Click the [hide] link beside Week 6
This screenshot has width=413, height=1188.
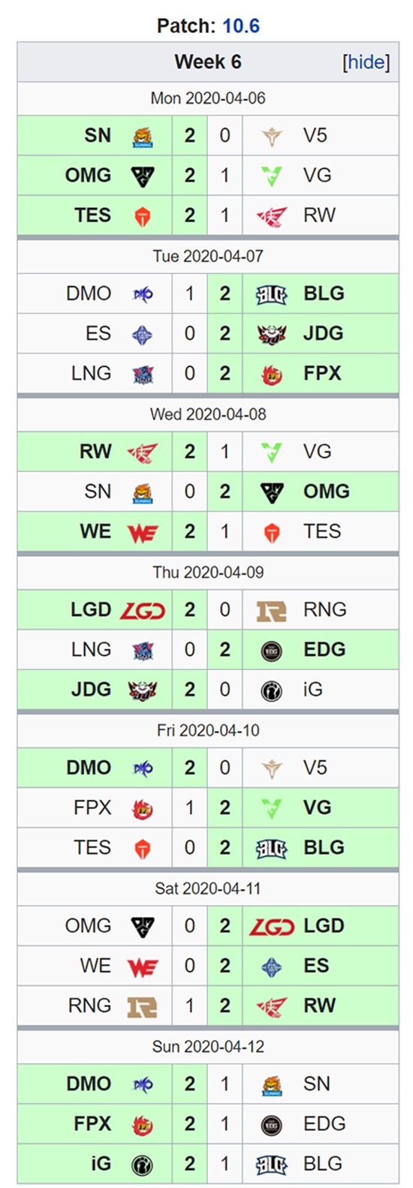[366, 62]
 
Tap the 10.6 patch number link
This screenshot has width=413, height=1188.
[241, 26]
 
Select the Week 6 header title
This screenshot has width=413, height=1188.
[207, 62]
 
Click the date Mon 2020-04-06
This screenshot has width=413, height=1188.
[207, 98]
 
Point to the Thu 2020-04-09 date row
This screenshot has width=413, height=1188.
[207, 573]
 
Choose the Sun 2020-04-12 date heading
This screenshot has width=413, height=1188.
[207, 1046]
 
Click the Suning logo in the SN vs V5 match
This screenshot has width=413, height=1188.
[142, 137]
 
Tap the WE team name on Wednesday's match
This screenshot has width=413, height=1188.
[95, 531]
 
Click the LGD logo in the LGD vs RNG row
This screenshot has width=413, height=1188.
[142, 611]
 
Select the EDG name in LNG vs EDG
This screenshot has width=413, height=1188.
[324, 650]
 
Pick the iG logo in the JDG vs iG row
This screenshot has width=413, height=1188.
[271, 690]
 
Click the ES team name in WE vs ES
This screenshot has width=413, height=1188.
[316, 966]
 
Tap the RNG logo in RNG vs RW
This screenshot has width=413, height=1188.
[142, 1006]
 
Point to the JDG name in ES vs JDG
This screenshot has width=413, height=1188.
[324, 334]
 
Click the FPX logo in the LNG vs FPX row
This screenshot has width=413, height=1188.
[271, 374]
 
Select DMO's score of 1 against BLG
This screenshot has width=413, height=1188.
[189, 294]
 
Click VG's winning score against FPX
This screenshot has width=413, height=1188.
[225, 808]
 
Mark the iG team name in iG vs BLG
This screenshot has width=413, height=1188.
[101, 1164]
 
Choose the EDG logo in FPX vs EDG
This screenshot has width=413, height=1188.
[271, 1125]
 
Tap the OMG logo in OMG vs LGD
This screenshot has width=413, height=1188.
[142, 927]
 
